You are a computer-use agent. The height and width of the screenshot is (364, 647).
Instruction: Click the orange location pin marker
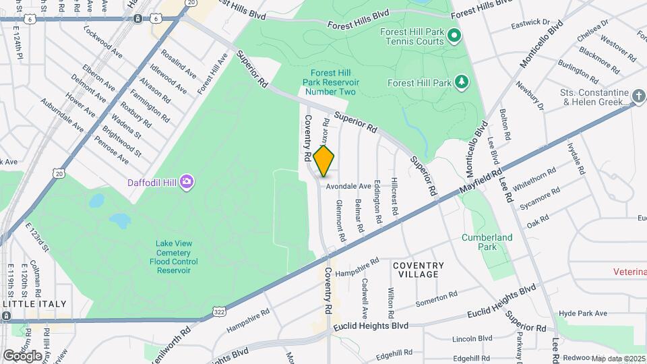pos(324,160)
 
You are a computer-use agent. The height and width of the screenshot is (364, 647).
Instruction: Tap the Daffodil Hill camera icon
pos(187,181)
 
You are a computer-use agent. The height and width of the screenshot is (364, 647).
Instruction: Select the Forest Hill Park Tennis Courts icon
pos(454,36)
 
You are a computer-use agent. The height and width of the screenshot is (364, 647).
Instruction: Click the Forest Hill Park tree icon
pos(462,83)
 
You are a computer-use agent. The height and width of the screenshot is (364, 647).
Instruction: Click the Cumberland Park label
pos(487,242)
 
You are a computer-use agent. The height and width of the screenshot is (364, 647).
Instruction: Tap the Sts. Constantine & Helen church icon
pos(639,96)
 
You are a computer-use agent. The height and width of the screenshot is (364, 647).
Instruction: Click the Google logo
pos(22,355)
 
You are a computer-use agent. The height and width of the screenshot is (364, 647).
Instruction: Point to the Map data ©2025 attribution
pos(618,358)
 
